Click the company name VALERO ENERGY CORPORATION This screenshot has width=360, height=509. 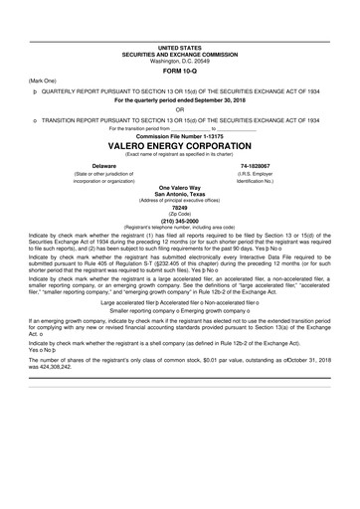coord(179,143)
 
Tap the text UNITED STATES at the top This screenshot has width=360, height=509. coord(179,47)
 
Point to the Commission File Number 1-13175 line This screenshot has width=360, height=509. coord(179,134)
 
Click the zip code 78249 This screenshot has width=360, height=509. coord(179,207)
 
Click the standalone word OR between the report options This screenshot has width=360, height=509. coord(179,109)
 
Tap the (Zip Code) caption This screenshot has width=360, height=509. coord(179,213)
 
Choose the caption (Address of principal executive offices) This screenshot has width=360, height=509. coord(179,200)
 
